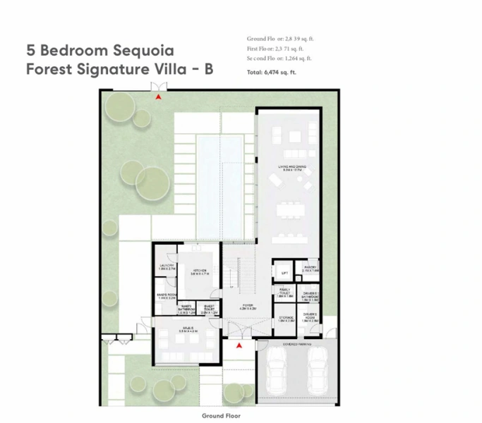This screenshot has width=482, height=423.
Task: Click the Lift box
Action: [x=284, y=272]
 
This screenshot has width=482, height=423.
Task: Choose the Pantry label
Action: [x=311, y=269]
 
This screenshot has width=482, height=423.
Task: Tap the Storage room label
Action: [x=285, y=319]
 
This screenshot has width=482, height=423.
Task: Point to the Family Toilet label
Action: [x=284, y=293]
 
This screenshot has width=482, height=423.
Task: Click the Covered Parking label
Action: [x=296, y=345]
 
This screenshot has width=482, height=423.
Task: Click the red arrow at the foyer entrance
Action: [x=239, y=346]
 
